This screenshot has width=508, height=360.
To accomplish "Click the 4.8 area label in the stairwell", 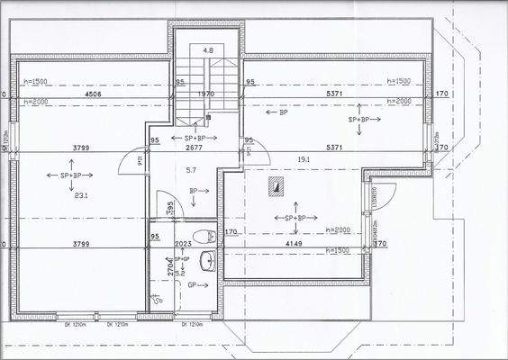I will coord(208,51).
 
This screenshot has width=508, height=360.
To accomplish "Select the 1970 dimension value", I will coord(207,93).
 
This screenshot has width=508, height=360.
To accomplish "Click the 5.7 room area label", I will coord(190,169).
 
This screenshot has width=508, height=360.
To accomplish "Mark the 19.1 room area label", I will coord(304,160).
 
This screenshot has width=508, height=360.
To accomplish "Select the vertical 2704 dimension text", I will coord(168,266).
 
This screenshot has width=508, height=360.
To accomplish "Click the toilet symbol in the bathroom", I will coord(208,237).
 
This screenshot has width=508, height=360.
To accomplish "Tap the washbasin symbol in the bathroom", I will coord(208,261).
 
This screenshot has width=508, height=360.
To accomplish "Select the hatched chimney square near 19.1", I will coord(277,186).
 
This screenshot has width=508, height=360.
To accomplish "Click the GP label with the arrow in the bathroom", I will coord(194,284).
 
